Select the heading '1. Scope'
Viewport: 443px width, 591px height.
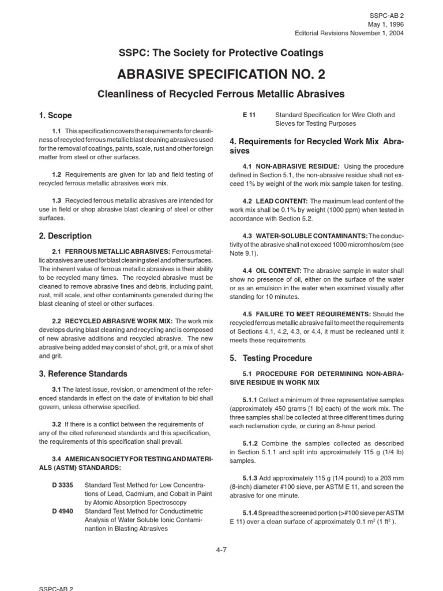point(55,115)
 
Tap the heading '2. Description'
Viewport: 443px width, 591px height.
point(65,236)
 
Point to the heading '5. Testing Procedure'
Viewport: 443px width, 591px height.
point(271,358)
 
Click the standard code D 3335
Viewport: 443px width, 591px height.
point(62,485)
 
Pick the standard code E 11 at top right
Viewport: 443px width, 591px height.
point(250,115)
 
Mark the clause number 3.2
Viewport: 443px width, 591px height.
point(57,424)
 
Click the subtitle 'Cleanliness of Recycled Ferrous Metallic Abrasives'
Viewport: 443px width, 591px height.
point(221,93)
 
